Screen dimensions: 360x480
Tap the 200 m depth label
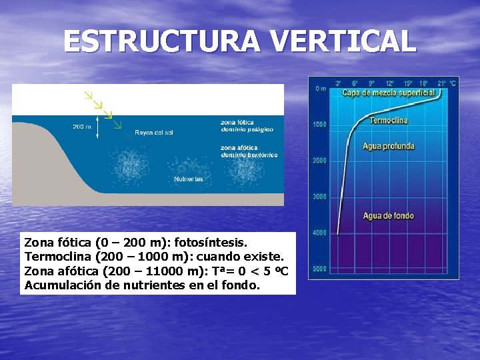coord(83,127)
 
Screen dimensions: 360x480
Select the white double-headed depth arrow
coord(97,127)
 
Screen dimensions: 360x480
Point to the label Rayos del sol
coord(153,133)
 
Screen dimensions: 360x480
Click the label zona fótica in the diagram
coord(237,122)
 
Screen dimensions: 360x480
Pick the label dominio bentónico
coord(249,155)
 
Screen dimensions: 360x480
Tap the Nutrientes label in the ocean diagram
coord(189,179)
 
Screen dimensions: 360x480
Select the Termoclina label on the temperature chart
coord(388,121)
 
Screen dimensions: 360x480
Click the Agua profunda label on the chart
coord(388,146)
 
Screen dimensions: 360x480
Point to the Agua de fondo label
coord(388,215)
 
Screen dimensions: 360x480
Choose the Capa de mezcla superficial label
coord(388,93)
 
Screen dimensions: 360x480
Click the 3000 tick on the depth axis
coord(320,197)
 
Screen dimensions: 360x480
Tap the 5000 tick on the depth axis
coord(320,269)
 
